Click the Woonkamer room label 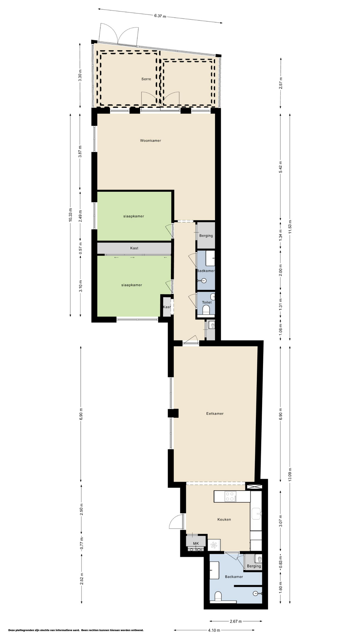point(150,141)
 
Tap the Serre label point(146,79)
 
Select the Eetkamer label point(215,414)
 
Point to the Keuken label point(224,519)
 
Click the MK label point(196,544)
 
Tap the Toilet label point(207,303)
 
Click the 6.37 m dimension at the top point(160,16)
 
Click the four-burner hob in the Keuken point(230,496)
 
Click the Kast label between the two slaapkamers point(134,248)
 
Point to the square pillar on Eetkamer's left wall point(173,413)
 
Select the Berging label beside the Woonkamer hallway point(206,236)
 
